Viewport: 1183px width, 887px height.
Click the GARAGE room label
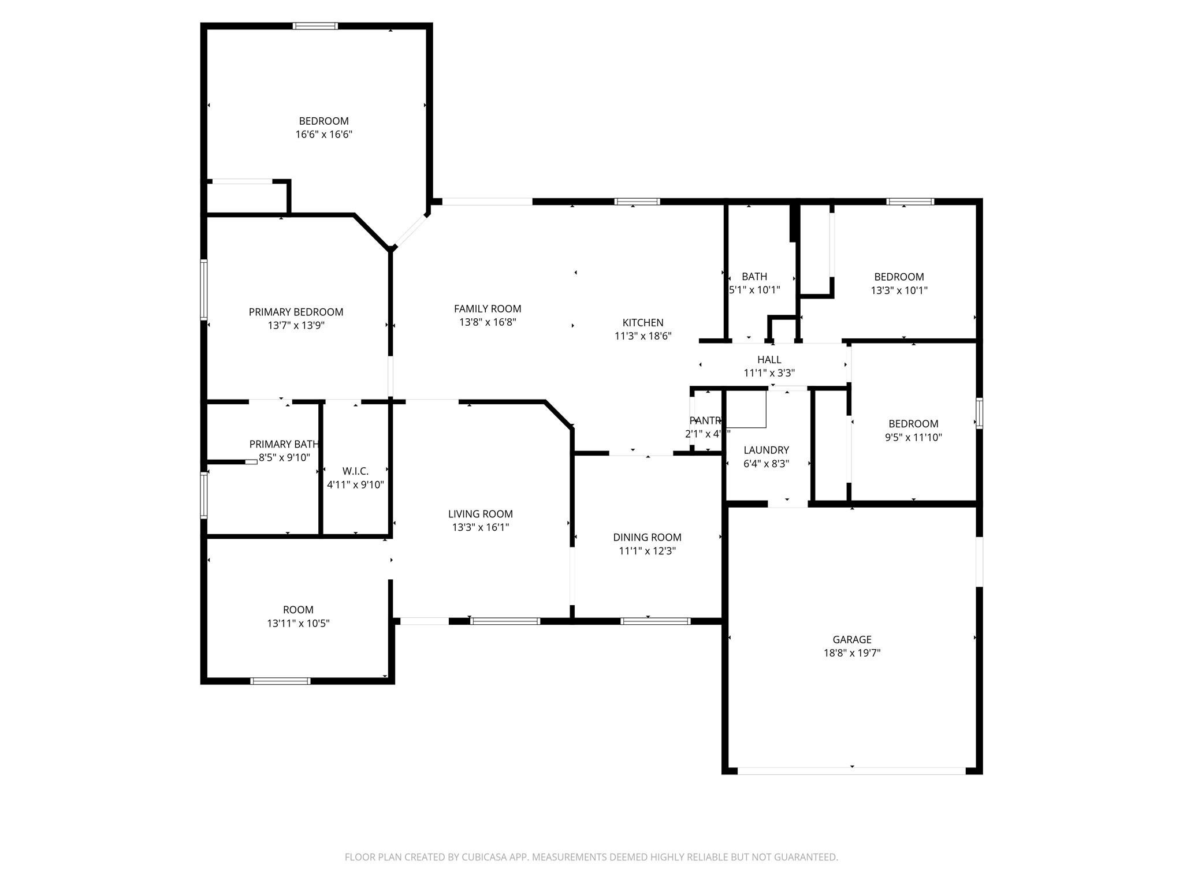tap(851, 639)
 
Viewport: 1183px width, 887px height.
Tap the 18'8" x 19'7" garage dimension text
tap(851, 653)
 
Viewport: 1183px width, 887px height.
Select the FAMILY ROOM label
tap(487, 309)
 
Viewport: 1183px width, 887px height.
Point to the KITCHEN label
tap(642, 323)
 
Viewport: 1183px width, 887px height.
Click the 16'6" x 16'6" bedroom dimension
tap(323, 135)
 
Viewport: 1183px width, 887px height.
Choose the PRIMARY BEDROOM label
tap(296, 312)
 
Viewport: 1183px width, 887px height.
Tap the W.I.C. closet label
tap(355, 471)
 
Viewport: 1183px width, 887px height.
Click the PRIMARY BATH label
tap(284, 444)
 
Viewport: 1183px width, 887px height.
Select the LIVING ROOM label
tap(480, 514)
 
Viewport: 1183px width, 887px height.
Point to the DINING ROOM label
tap(647, 537)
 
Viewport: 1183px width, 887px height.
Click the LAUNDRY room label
tap(766, 450)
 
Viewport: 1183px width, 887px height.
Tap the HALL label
tap(769, 360)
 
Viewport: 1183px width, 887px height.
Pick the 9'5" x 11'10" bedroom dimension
tap(913, 438)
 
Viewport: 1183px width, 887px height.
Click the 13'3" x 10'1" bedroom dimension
tap(899, 290)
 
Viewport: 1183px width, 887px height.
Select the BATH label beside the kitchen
tap(754, 277)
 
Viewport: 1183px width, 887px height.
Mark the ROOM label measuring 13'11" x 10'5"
tap(298, 610)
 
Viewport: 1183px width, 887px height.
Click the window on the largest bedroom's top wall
tap(315, 26)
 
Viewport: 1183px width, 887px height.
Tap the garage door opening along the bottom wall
tap(851, 770)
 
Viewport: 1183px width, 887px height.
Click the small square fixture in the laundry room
tap(746, 409)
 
